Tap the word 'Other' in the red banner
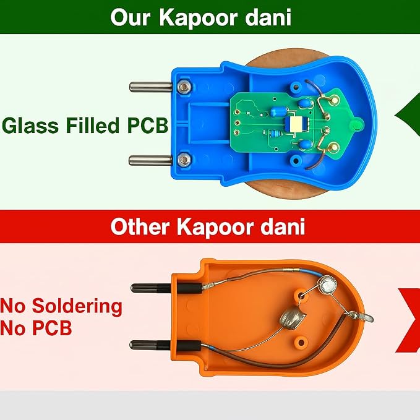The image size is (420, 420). point(140,226)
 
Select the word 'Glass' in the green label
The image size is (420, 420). point(30,125)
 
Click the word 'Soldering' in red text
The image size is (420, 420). point(77,306)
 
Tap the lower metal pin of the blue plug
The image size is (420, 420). point(150,160)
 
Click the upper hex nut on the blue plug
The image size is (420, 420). point(184,86)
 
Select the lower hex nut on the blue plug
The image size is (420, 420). point(184,160)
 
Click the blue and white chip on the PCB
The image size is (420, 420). point(297,124)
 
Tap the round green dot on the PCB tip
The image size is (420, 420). point(357,124)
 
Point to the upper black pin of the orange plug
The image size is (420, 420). point(166,288)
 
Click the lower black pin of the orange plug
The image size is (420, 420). point(165,345)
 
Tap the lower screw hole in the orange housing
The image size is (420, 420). point(301,343)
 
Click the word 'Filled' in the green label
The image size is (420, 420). point(93,125)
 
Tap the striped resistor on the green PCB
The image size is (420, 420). point(276,133)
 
